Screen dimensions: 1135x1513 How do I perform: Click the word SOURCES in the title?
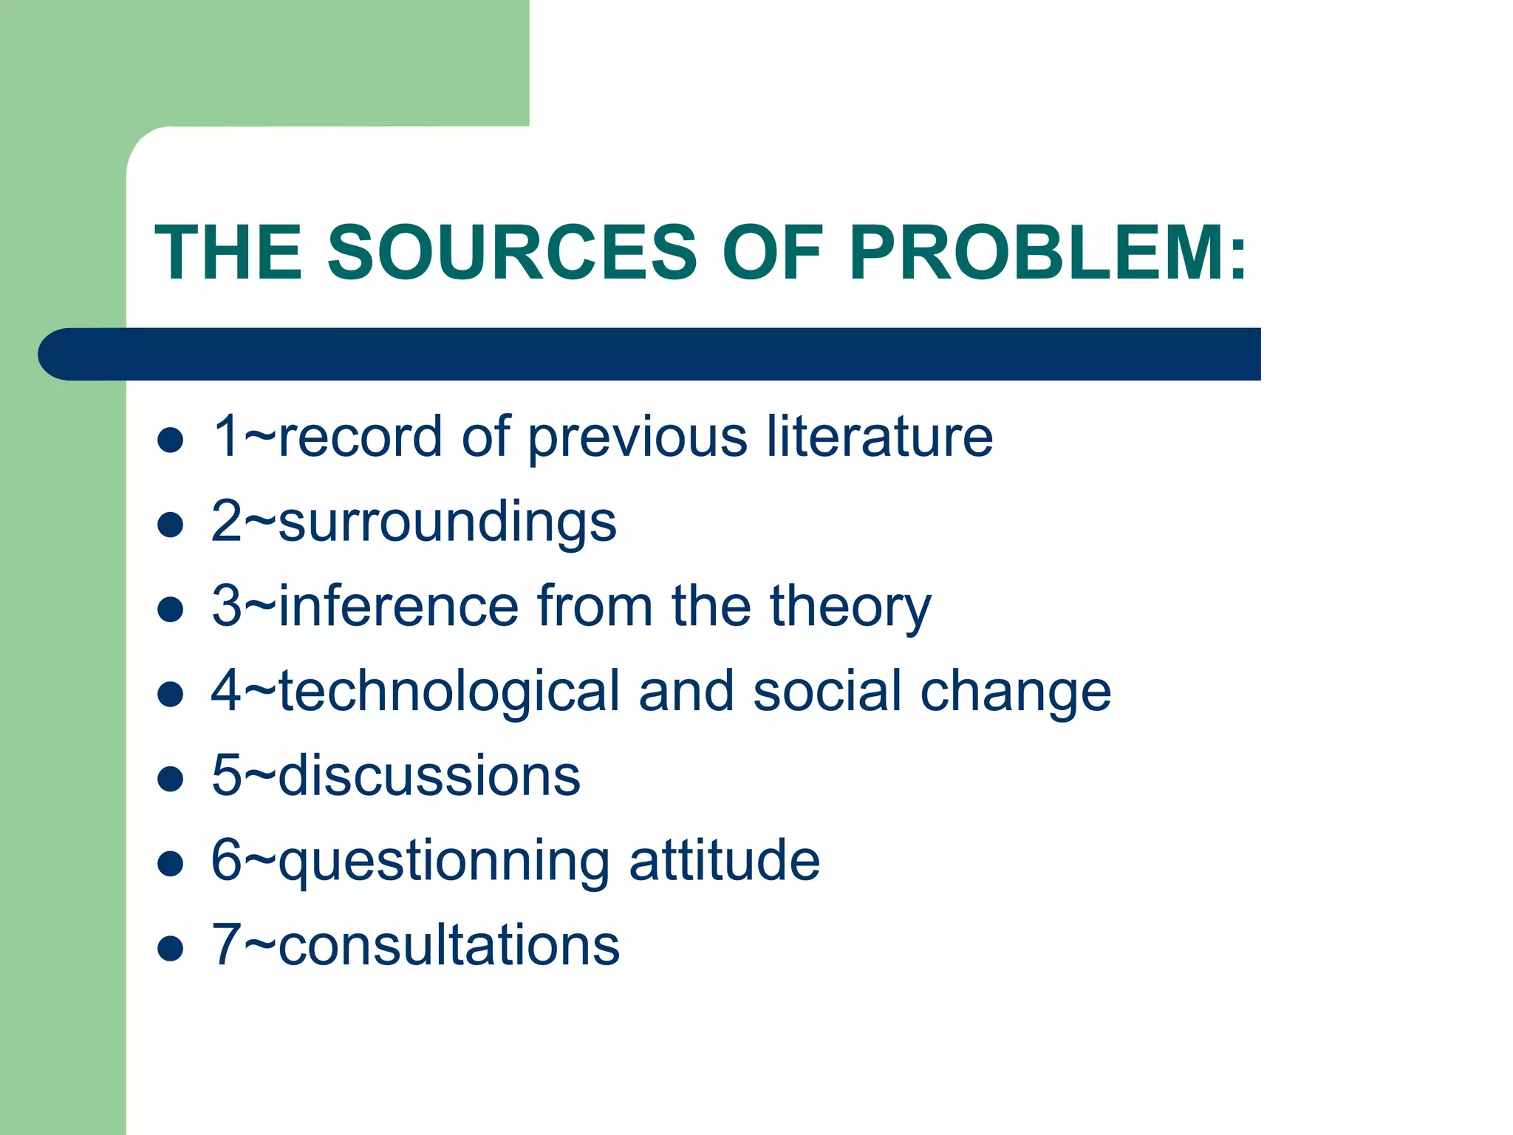[x=511, y=253]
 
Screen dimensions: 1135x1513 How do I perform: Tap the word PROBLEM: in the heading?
[x=1048, y=253]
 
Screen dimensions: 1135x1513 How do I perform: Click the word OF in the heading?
[x=772, y=253]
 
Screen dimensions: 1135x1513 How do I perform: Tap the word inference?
[x=399, y=606]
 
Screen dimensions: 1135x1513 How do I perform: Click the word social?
[x=827, y=692]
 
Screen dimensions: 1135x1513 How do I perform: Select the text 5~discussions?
[x=396, y=776]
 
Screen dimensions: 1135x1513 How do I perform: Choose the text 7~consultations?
[x=415, y=945]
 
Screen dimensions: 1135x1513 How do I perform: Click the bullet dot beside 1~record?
[x=171, y=440]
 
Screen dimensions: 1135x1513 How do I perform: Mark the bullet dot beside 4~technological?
[x=171, y=695]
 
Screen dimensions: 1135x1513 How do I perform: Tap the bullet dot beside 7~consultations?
[x=171, y=949]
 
